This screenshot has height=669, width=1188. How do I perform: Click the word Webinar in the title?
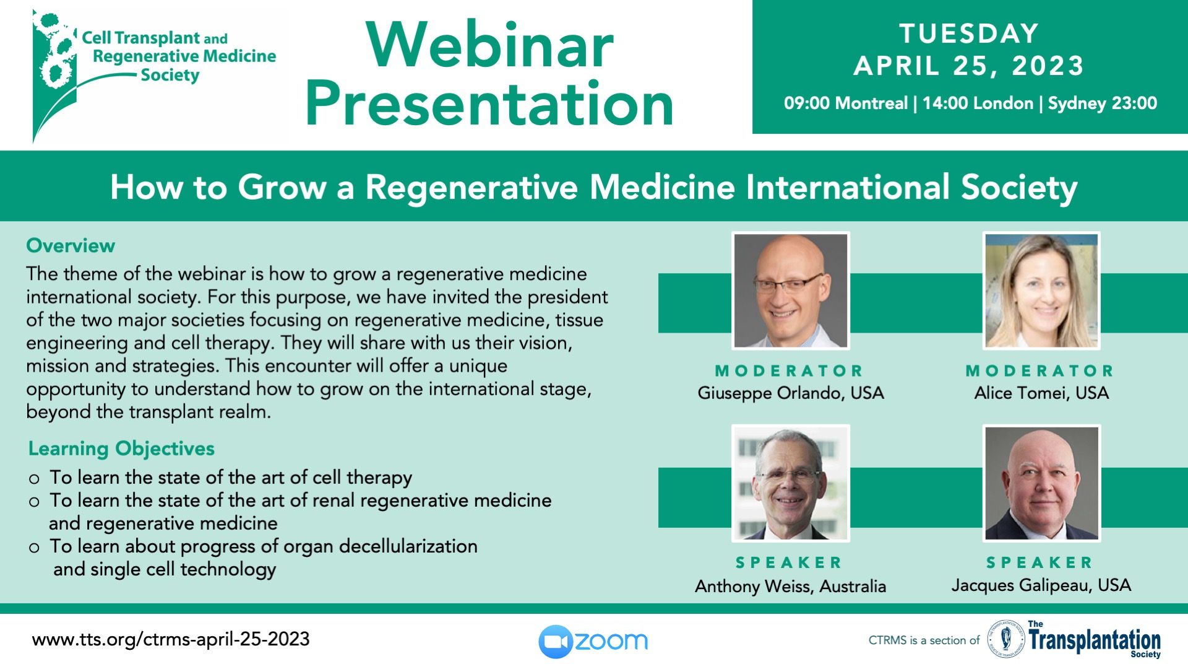tap(489, 45)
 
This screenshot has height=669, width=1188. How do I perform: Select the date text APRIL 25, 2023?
tap(968, 66)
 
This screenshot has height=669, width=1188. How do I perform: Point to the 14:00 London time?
tap(978, 103)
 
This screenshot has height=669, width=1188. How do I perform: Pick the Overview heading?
tap(71, 245)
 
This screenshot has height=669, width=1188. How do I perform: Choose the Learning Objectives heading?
tap(121, 448)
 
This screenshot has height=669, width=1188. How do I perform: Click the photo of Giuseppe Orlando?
tap(791, 291)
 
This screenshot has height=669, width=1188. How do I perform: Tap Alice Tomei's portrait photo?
tap(1041, 291)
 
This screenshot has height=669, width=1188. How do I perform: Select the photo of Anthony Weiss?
tap(791, 483)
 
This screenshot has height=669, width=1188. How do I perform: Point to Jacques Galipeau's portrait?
tap(1041, 483)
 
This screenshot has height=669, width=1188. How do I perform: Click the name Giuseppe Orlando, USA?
tap(791, 393)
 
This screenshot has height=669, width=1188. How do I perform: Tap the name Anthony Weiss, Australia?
tap(791, 586)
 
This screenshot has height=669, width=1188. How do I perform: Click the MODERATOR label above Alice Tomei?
tap(1039, 371)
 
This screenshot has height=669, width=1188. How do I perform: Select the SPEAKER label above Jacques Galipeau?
tap(1039, 562)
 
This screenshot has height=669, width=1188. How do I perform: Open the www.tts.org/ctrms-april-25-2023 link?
tap(171, 639)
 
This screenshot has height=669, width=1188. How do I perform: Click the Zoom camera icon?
tap(555, 642)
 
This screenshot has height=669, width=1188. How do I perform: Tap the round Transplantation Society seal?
tap(1005, 639)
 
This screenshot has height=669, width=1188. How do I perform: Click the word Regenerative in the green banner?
tap(471, 187)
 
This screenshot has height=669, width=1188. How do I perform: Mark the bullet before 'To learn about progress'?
tap(34, 548)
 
